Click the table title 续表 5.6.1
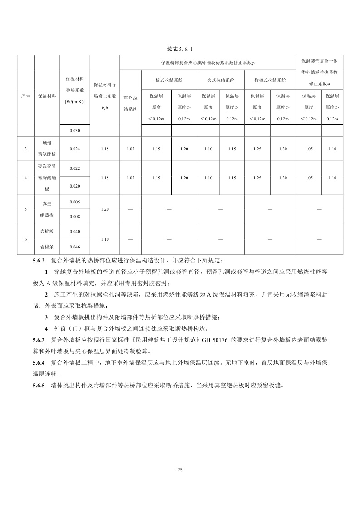pyautogui.click(x=180, y=48)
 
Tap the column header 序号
pyautogui.click(x=26, y=96)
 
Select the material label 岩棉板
pyautogui.click(x=47, y=232)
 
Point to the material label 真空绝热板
pyautogui.click(x=47, y=209)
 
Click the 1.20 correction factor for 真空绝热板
pyautogui.click(x=105, y=209)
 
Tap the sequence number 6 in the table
pyautogui.click(x=26, y=239)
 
